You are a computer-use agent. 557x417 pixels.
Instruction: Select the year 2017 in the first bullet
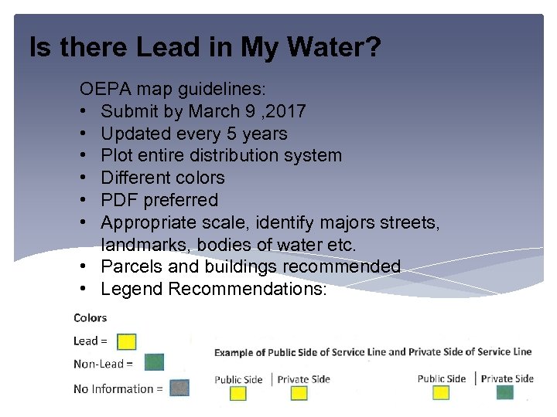click(x=285, y=111)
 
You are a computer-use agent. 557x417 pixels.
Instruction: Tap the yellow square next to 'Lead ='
click(x=127, y=341)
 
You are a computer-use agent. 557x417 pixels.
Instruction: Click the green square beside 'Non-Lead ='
click(x=154, y=362)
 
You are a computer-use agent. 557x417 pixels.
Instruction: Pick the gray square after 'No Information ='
click(x=179, y=388)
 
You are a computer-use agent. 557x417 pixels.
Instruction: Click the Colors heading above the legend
click(x=91, y=317)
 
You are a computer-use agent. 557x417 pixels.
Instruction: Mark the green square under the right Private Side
click(x=505, y=392)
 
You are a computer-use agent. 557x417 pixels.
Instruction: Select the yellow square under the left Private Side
click(x=298, y=393)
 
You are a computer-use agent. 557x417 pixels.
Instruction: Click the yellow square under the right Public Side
click(x=441, y=392)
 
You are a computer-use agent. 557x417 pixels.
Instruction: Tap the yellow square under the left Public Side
click(x=238, y=393)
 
